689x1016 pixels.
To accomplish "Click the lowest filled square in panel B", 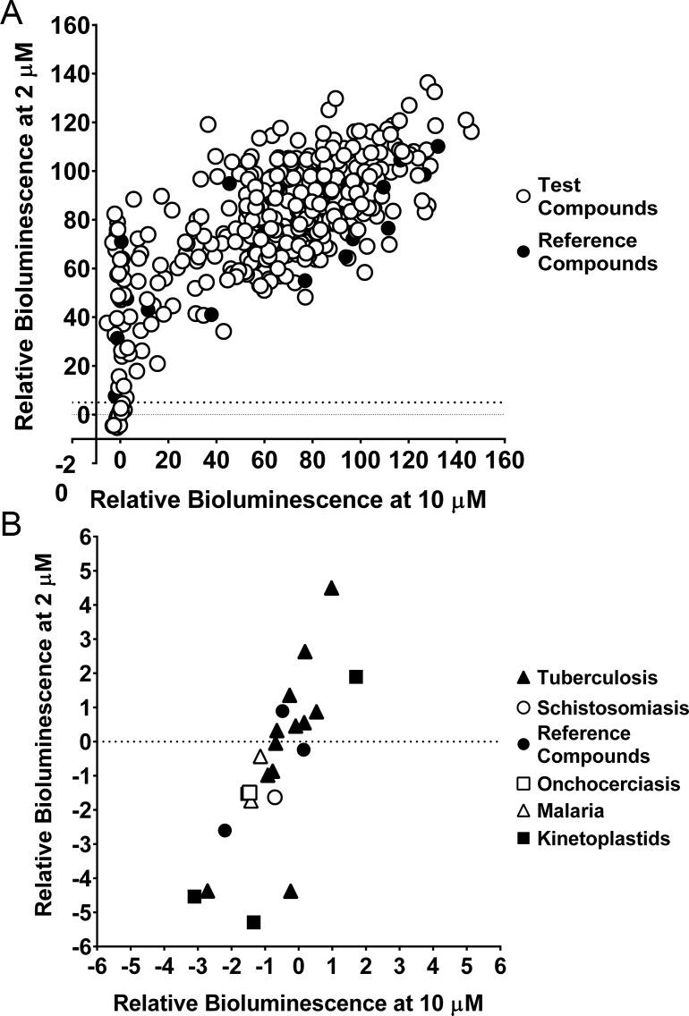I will [x=254, y=921].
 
